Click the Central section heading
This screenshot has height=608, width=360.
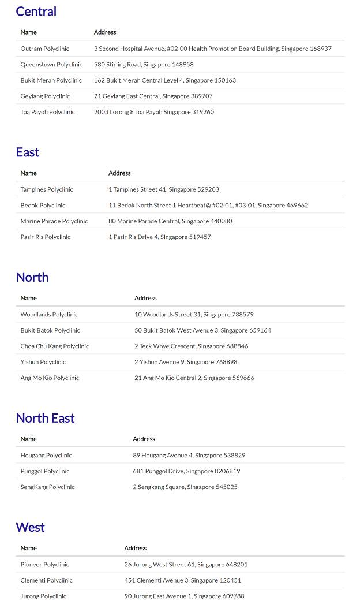(36, 12)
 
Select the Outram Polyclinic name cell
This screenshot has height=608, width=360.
(44, 49)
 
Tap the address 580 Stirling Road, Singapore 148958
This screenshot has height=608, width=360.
(144, 65)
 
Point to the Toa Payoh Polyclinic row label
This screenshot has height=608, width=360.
(47, 112)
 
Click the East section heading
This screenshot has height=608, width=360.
(28, 152)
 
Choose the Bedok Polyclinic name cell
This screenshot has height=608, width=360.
(43, 206)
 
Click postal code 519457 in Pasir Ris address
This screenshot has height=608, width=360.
(200, 237)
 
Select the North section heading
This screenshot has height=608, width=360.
(32, 277)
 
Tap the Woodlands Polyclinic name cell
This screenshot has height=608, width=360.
(49, 315)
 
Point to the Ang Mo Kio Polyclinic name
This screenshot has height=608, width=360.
(50, 378)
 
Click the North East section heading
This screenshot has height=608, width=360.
(45, 418)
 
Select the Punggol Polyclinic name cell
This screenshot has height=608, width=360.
(44, 471)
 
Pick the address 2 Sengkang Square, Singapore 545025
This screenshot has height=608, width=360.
(185, 487)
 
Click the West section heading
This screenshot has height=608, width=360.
(30, 527)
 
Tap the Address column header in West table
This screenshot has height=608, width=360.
(136, 549)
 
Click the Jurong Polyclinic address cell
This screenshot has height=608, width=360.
(184, 596)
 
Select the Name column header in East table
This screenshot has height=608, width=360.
(28, 173)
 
